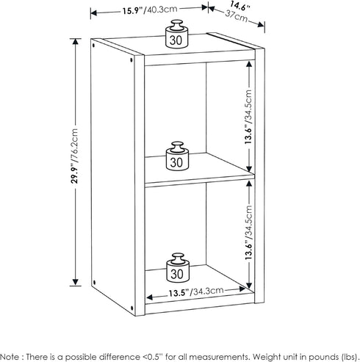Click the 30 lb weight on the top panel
pos(176,34)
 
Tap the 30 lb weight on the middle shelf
pos(177,156)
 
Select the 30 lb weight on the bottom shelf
pos(178,268)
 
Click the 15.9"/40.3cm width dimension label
pos(150,10)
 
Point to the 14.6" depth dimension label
pos(240,6)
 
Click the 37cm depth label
pos(237,16)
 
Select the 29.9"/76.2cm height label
pos(74,156)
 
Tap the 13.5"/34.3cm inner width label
pos(196,292)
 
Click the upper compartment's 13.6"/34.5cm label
pos(248,117)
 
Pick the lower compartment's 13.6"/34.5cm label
pos(248,233)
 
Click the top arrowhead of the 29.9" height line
pos(76,42)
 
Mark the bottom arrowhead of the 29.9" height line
pos(76,282)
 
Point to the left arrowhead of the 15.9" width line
pos(94,13)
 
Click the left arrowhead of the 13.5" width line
pos(149,297)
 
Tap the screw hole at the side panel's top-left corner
pos(93,45)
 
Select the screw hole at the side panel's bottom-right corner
pos(132,308)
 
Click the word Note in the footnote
pos(10,356)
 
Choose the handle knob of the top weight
pos(177,25)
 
